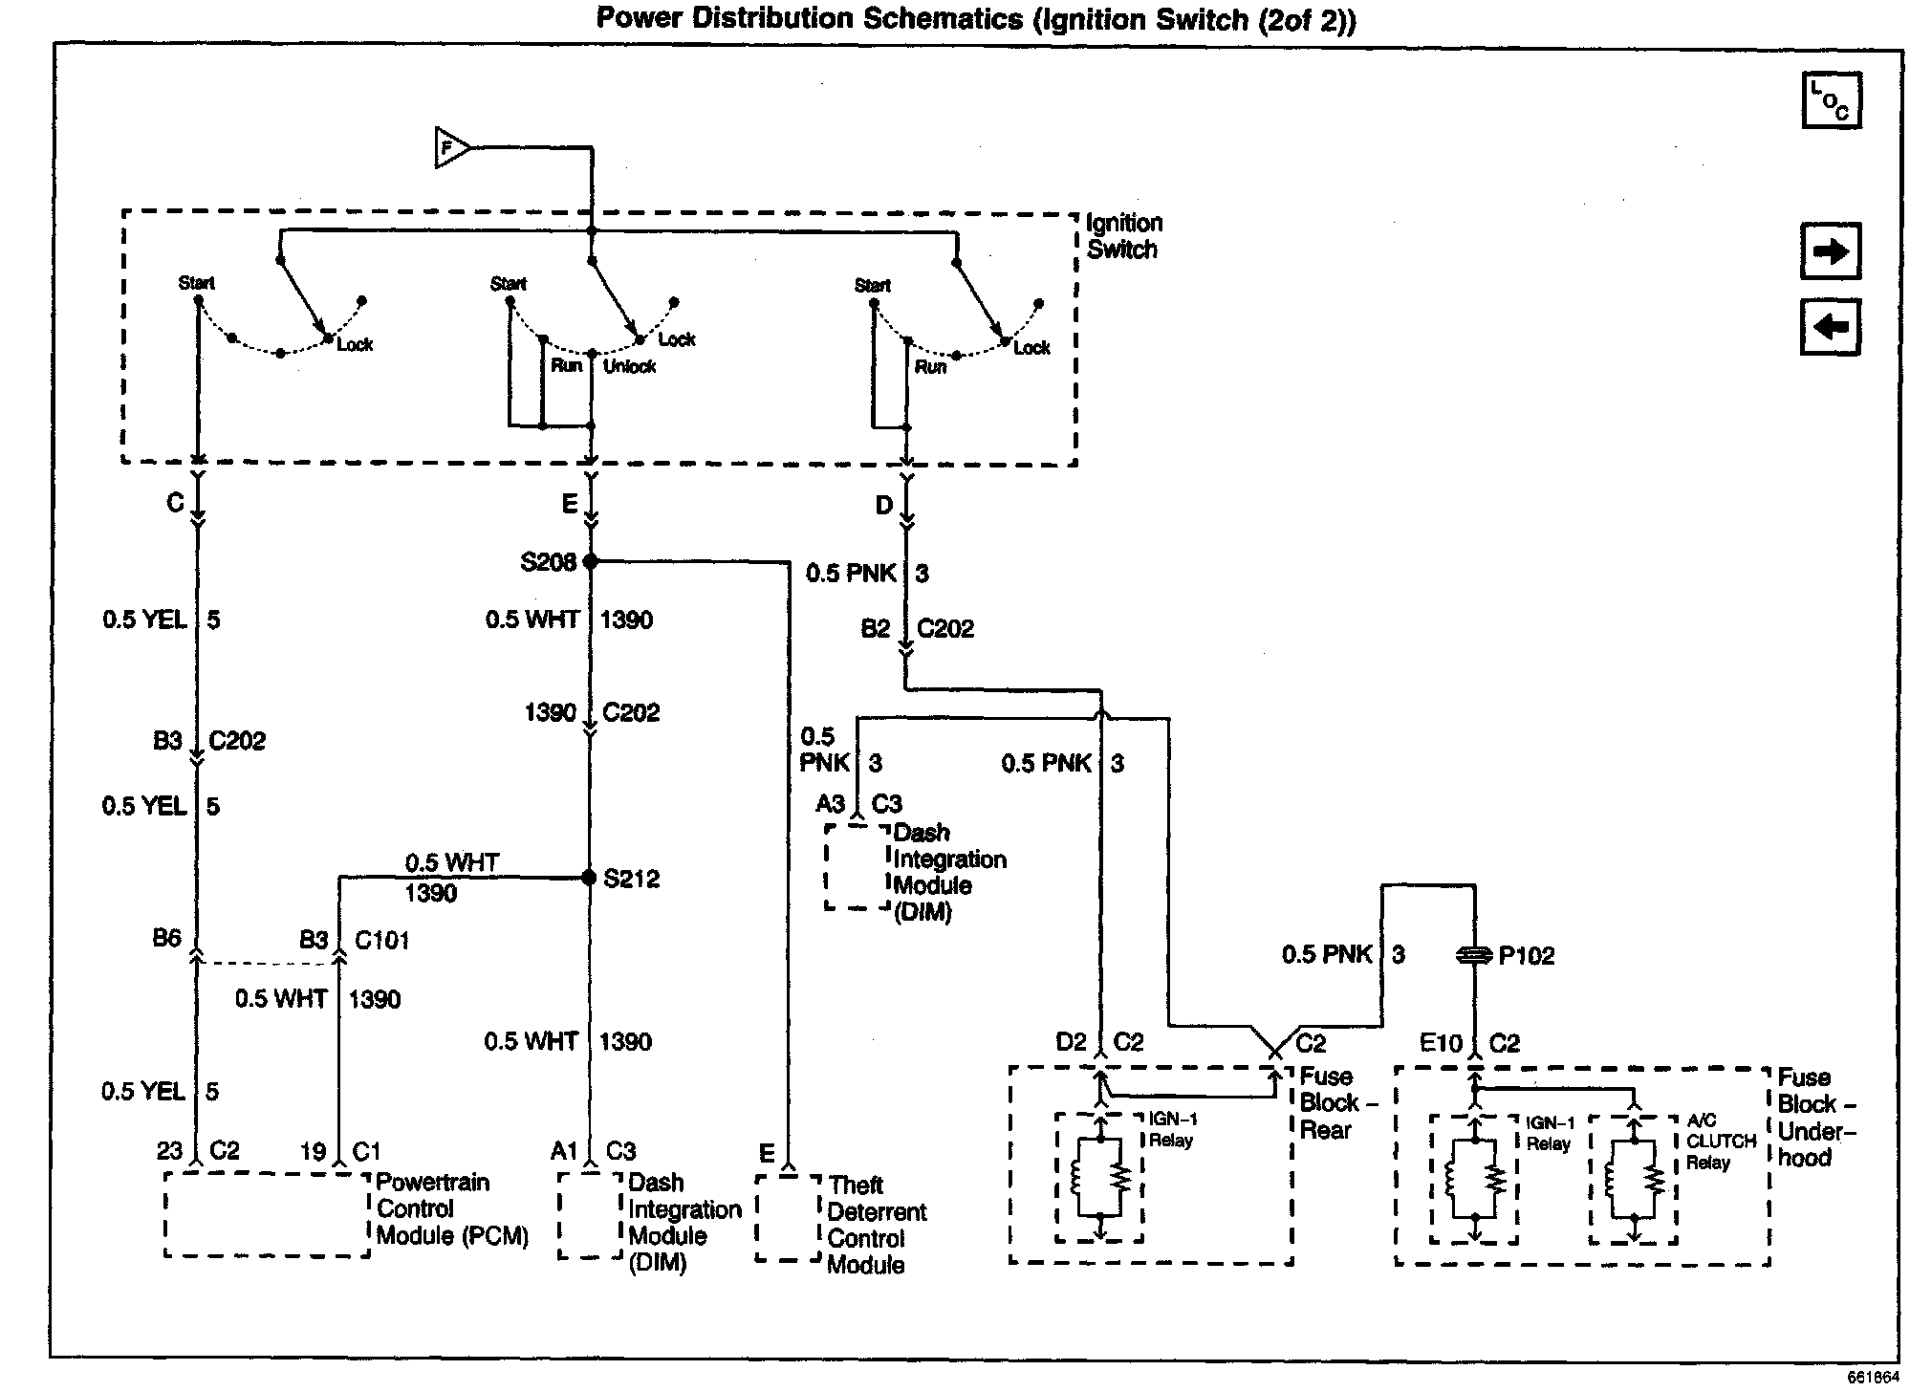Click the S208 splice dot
[590, 561]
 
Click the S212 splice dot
[589, 878]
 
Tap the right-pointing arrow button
[1830, 251]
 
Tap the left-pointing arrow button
[1830, 328]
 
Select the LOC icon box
[1830, 100]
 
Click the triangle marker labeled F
[450, 148]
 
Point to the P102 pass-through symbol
[1473, 955]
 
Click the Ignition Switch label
[1124, 236]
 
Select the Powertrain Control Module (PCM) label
[451, 1209]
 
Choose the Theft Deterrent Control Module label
[877, 1225]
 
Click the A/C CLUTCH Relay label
[1720, 1142]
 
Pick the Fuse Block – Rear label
[1336, 1103]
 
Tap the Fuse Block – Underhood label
[1816, 1118]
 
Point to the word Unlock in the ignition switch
[630, 366]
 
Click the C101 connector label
[381, 941]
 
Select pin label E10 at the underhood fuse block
[1442, 1043]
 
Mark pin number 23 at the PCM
[169, 1151]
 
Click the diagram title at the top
[975, 19]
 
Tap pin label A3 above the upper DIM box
[831, 804]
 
